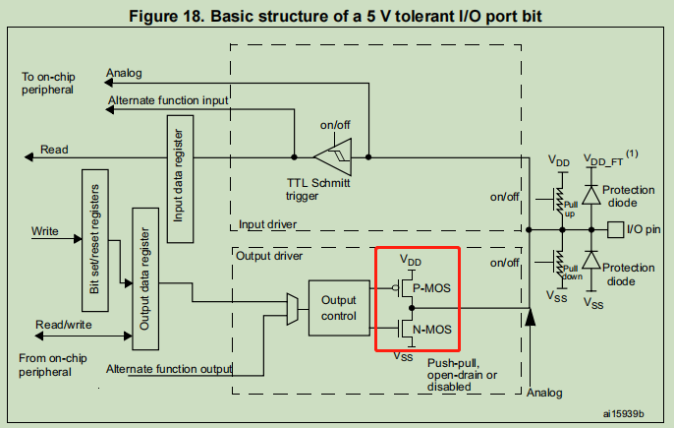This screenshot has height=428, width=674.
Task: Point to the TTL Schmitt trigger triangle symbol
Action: (x=331, y=155)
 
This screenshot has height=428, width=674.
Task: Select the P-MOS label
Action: (x=433, y=287)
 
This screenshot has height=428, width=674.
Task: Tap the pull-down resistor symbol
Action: (x=561, y=267)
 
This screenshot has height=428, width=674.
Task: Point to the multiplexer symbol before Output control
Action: (x=292, y=306)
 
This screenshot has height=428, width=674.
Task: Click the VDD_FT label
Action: (x=601, y=158)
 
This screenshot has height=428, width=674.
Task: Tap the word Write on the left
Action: (x=44, y=232)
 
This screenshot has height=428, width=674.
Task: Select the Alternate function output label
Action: (x=169, y=369)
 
